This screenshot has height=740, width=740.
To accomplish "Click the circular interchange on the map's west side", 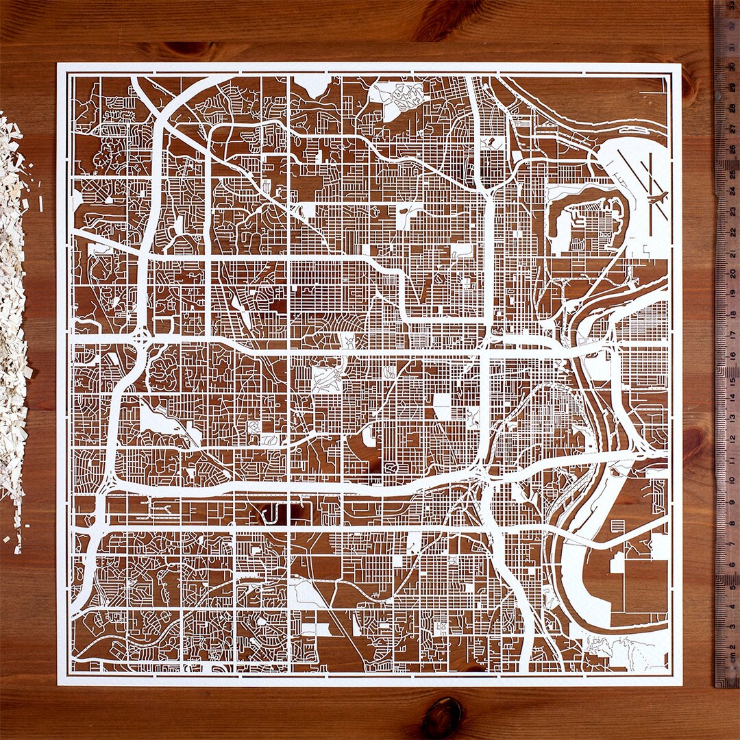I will point(141,338).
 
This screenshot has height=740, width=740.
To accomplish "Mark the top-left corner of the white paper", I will point(58,64).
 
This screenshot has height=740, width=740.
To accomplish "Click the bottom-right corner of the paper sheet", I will point(681,684).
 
